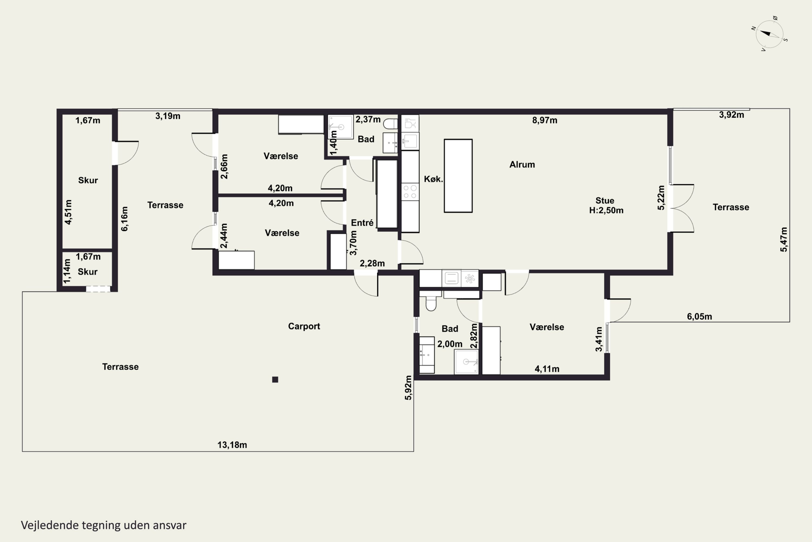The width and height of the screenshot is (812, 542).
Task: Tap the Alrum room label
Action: pos(522,164)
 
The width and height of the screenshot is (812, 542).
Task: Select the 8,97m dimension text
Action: pos(544,120)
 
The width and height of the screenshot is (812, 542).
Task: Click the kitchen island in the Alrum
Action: pos(458,176)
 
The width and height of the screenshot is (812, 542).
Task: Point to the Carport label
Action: pos(304,326)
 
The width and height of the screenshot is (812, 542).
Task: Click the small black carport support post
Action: pos(275,380)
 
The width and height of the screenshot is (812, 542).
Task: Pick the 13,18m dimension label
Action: pos(232,445)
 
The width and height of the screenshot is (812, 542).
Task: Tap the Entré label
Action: pos(362,223)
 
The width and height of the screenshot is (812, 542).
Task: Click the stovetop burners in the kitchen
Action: pos(410,192)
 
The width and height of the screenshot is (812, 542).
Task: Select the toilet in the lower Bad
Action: pos(431,302)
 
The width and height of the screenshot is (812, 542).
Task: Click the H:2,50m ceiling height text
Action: pos(606,211)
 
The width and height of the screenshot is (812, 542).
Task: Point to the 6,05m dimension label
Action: pos(699,317)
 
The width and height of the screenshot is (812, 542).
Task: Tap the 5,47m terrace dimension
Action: pos(784,240)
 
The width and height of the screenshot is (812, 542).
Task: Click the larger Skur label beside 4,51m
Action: pos(88,180)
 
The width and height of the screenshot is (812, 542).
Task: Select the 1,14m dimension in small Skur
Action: pos(67,271)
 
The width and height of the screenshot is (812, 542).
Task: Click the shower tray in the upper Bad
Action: pos(340,127)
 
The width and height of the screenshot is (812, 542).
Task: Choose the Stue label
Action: pos(605,201)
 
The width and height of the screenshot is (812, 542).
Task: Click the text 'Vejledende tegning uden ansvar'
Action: pos(104,525)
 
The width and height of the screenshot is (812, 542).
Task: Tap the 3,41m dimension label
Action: pos(599,339)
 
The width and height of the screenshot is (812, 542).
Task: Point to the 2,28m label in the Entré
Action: pos(372,263)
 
